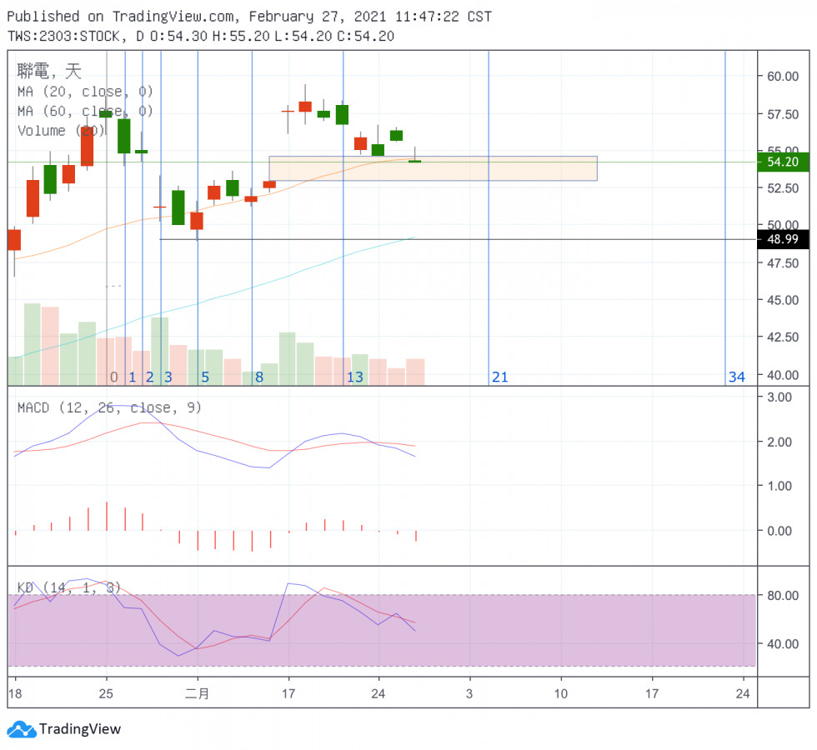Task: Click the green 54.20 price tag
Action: coord(783,162)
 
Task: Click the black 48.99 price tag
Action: coord(783,240)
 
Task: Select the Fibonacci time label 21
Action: coord(499,377)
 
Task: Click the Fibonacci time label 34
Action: coord(736,377)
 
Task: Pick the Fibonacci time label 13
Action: coord(354,377)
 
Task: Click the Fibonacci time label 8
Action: coord(259,377)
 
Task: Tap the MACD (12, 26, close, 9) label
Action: coord(109,407)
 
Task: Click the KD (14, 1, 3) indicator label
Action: coord(69,587)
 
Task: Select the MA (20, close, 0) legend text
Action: coord(85,92)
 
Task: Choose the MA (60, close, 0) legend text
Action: coord(85,111)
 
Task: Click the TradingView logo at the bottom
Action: coord(64,729)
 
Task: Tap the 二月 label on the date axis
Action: coord(197,693)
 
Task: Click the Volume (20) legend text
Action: coord(60,131)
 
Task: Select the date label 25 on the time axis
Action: coord(105,693)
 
